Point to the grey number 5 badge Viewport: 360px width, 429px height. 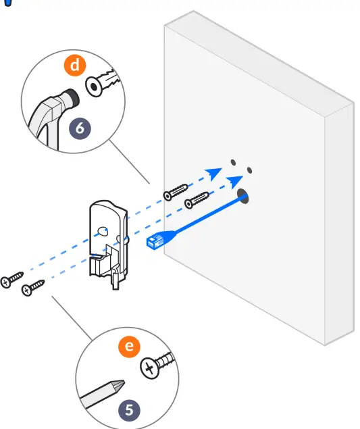pyautogui.click(x=130, y=409)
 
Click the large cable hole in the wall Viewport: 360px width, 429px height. pyautogui.click(x=242, y=197)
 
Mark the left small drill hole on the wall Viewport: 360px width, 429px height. pyautogui.click(x=232, y=163)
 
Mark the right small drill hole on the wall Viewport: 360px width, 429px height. pyautogui.click(x=249, y=170)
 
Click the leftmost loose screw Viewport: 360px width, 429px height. pyautogui.click(x=12, y=279)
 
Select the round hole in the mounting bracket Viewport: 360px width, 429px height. pyautogui.click(x=102, y=231)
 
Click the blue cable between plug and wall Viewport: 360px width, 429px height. pyautogui.click(x=203, y=217)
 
